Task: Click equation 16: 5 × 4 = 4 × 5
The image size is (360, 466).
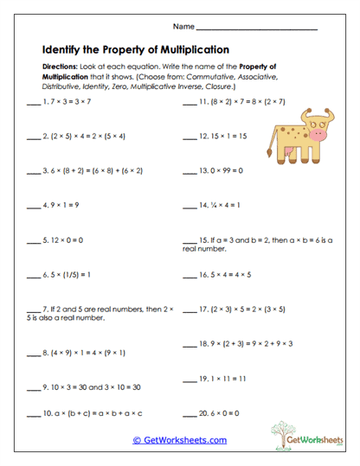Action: click(232, 275)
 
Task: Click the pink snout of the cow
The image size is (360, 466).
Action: click(320, 135)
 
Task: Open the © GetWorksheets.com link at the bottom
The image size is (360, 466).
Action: click(179, 439)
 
